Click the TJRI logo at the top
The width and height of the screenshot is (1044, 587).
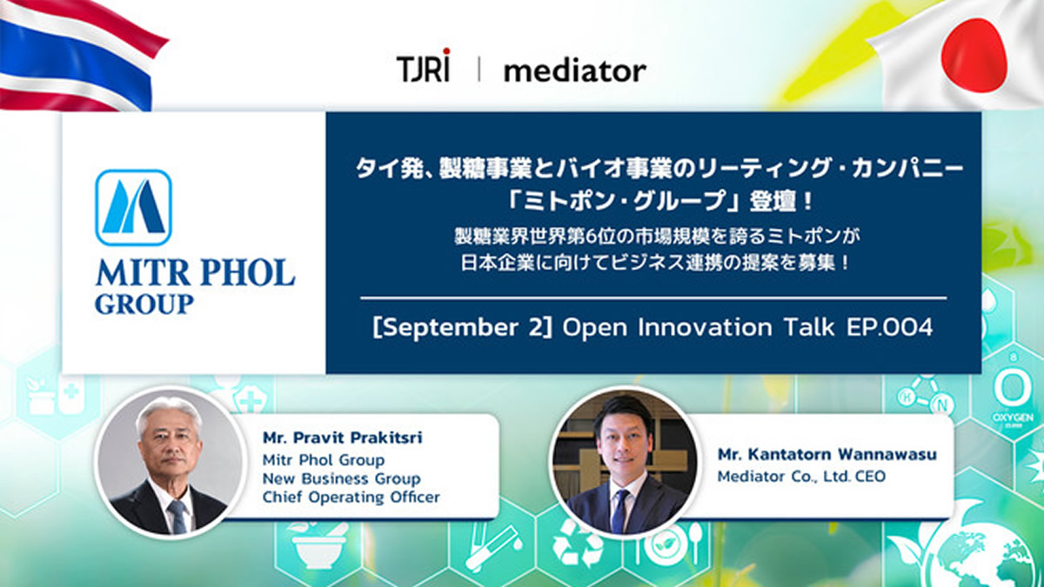423,66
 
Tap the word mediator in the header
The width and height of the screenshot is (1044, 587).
575,70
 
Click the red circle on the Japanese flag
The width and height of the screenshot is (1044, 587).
974,56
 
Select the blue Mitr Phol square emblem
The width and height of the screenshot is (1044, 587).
134,207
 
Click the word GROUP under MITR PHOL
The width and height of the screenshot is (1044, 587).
144,304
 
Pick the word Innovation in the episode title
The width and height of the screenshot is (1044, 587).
705,327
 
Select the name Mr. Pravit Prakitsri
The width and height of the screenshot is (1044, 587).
343,438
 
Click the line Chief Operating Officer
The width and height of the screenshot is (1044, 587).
351,497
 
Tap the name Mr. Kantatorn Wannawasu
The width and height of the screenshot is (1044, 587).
826,454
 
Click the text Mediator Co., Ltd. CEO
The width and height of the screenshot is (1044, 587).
801,477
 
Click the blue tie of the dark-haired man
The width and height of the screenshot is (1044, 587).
619,510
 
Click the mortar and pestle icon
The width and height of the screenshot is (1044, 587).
318,544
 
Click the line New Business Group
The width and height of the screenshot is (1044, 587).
342,478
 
